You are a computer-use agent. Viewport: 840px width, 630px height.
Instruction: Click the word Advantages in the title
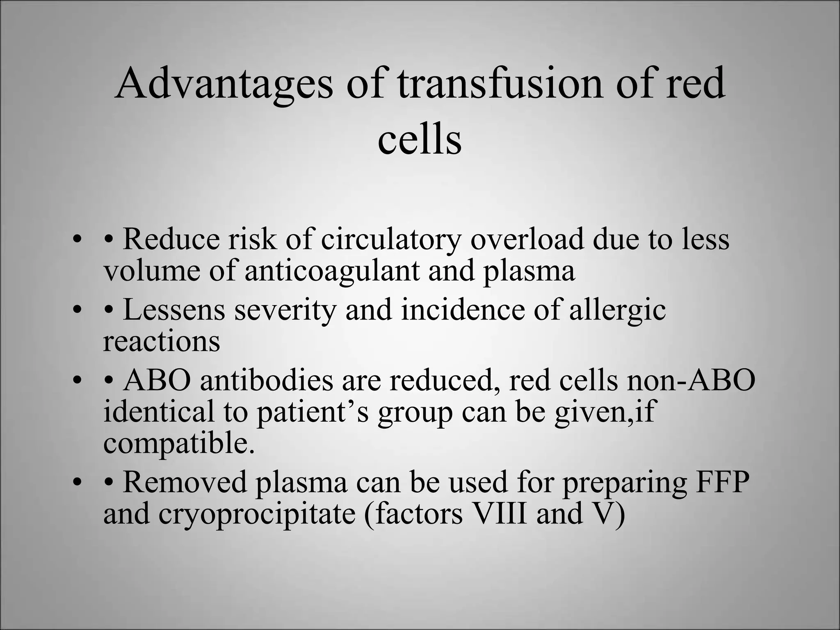click(x=224, y=84)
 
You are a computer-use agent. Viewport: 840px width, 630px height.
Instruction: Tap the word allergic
click(x=617, y=311)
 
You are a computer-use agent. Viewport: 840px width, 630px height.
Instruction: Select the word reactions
click(x=161, y=341)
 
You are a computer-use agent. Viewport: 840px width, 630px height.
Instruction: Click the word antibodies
click(x=267, y=380)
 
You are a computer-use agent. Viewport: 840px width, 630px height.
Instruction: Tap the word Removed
click(x=185, y=482)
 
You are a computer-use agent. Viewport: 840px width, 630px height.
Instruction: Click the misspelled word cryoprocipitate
click(x=257, y=514)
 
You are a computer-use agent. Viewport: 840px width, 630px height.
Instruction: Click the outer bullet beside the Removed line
click(x=75, y=483)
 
